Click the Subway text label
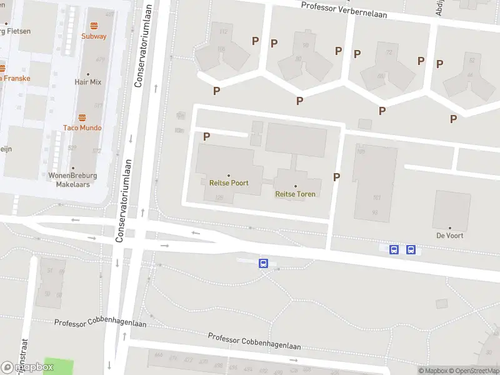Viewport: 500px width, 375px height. point(94,36)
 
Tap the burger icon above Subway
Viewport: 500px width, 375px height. point(94,26)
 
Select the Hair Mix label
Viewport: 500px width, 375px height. point(87,82)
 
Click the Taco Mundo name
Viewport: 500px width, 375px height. point(82,127)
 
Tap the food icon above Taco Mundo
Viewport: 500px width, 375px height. point(82,117)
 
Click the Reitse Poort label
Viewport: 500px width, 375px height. point(228,183)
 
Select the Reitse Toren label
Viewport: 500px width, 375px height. point(295,194)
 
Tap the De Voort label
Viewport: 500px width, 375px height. point(449,236)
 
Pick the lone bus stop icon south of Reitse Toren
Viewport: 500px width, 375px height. point(264,264)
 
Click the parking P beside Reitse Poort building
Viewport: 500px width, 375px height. point(207,136)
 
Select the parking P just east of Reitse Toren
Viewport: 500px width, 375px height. point(336,177)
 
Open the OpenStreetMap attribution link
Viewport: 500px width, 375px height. point(473,371)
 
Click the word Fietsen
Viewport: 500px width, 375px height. point(19,31)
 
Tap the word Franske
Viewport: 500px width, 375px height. point(17,79)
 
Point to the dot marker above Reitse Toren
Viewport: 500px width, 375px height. point(296,186)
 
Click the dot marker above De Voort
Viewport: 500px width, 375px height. point(449,228)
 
